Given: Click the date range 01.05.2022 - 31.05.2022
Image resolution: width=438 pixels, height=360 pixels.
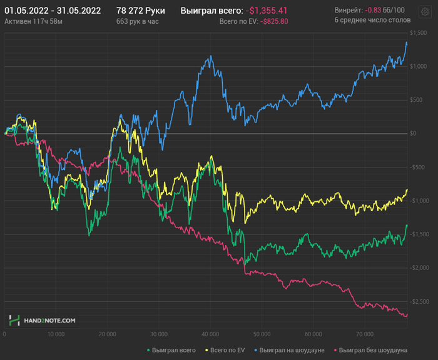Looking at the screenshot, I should point(53,11).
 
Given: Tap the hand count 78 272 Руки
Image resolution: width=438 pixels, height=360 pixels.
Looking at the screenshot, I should point(141,11).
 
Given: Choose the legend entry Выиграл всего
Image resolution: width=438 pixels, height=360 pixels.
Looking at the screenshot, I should point(171,350).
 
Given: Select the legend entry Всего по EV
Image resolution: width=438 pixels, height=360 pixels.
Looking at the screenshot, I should point(227,350).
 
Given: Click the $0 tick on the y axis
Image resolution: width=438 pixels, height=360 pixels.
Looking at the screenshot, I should point(414,133).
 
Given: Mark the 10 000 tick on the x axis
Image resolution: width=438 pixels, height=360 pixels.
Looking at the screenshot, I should point(56,334).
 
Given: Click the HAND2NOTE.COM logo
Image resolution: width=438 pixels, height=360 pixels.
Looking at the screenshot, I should point(43,320).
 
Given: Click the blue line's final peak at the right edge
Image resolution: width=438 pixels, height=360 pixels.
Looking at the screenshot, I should point(407,42).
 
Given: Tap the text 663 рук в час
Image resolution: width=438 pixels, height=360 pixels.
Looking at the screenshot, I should point(138,21).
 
